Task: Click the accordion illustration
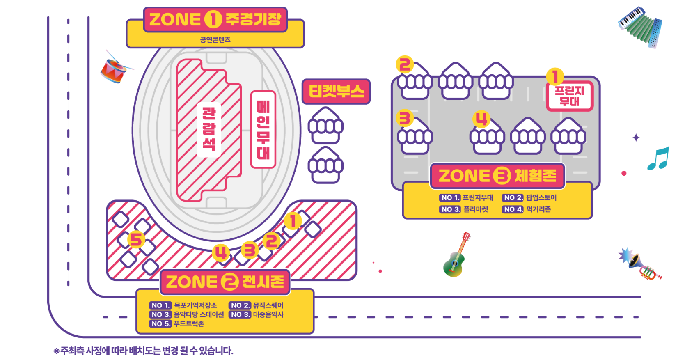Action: pos(640,26)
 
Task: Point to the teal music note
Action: pos(658,158)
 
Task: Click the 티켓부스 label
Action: pos(336,92)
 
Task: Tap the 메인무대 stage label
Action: pos(263,129)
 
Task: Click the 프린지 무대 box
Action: pos(570,96)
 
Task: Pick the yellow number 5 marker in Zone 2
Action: pos(136,239)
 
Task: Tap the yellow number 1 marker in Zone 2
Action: pos(293,221)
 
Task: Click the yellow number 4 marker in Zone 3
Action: pos(481,119)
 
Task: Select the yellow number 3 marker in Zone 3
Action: pos(405,118)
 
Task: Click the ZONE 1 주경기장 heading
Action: pos(215,19)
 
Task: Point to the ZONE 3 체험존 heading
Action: pos(497,176)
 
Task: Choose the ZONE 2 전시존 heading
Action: pos(225,282)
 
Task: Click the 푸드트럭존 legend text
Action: pos(189,324)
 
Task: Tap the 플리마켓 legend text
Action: pos(476,209)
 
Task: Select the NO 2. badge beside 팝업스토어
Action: pos(513,198)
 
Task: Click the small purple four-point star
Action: pos(636,138)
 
